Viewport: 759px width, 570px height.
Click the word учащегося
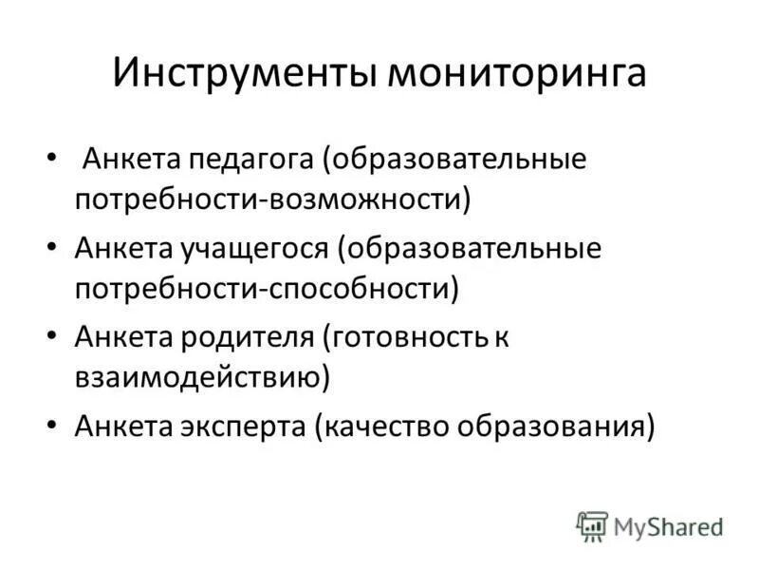[x=254, y=249]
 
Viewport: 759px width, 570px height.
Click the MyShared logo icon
[x=592, y=525]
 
